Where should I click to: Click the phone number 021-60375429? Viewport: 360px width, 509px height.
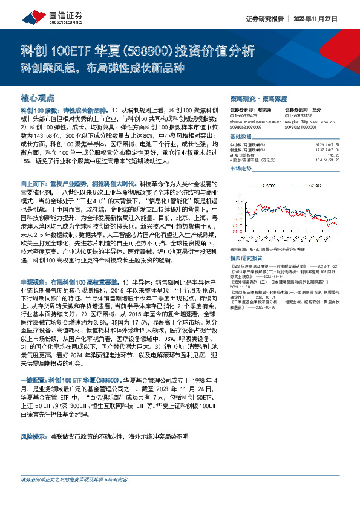tap(243, 115)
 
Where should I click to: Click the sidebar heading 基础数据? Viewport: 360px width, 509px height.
tap(241, 137)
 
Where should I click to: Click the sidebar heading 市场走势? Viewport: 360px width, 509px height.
tap(241, 169)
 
